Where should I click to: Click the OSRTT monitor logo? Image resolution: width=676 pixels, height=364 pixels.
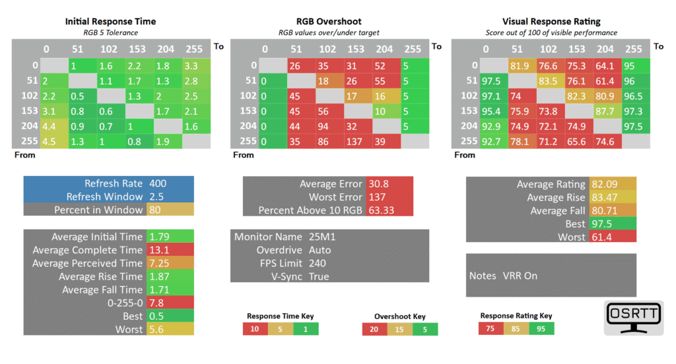coord(633,318)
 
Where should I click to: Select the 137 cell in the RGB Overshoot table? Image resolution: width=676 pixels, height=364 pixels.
coord(358,141)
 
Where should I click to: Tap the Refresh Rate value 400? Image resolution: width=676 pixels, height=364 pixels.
coord(158,183)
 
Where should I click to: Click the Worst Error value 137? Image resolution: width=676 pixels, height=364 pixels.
coord(377,197)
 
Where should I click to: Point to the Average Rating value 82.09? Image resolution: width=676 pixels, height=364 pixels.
coord(605,184)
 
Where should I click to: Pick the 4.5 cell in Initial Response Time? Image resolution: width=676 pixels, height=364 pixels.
coord(54,141)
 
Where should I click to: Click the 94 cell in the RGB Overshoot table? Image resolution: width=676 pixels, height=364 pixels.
coord(330,126)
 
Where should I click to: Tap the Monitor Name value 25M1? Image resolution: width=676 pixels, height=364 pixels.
coord(322,237)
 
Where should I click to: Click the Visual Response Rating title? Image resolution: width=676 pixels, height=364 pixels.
coord(551,21)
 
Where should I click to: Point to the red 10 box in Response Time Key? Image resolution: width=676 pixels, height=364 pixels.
coord(255,328)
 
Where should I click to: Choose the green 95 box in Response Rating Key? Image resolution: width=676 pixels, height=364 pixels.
coord(541,328)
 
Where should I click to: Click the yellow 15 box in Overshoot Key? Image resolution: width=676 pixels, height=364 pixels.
coord(400,329)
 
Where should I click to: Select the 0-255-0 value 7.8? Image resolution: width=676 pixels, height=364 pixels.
coord(156,303)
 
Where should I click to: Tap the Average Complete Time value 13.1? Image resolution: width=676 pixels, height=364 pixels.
coord(159,250)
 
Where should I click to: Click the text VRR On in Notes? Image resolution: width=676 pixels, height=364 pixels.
coord(520,276)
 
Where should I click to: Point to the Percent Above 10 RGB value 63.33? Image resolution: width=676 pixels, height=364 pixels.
coord(381,210)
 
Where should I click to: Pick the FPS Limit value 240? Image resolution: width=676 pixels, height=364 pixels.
coord(318,263)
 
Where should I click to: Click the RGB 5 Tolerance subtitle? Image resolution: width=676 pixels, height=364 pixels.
coord(111,33)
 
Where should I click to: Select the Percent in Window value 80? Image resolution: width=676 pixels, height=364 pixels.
coord(155,210)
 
